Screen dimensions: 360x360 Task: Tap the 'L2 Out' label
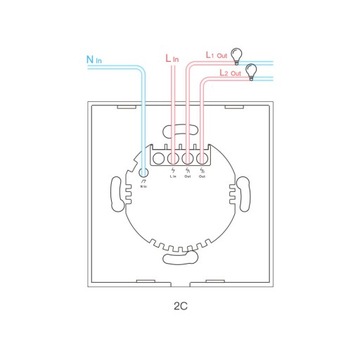point(216,73)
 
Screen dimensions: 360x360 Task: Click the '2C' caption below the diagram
point(181,325)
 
